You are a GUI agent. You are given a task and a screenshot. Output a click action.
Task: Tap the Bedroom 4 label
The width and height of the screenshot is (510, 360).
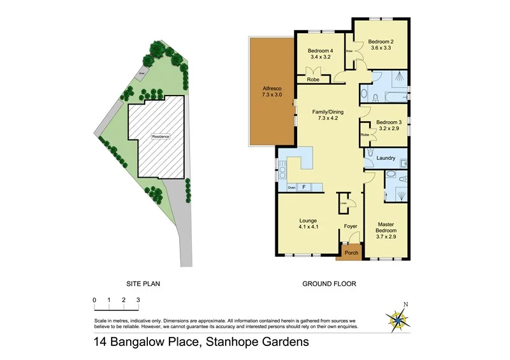pos(320,51)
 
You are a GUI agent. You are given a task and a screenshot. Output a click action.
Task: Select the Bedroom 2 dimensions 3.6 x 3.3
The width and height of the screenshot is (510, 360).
pos(380,47)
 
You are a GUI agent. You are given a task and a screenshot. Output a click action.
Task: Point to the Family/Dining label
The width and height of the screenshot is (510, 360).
pos(327,112)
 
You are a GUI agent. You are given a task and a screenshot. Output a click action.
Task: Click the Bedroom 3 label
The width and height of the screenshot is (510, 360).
pos(388,122)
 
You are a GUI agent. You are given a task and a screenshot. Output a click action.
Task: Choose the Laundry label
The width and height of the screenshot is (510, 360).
pos(386,158)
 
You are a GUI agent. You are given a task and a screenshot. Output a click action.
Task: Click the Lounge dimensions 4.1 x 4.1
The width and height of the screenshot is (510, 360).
pos(308,227)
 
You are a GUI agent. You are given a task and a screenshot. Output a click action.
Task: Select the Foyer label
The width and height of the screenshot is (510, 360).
pos(350,226)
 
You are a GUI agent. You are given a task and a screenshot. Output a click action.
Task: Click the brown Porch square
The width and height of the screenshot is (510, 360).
pos(351,252)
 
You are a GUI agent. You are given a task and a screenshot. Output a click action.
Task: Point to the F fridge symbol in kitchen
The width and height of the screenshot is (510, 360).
pos(304,187)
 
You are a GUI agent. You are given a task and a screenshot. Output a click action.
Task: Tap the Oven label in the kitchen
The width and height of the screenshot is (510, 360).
pos(291,187)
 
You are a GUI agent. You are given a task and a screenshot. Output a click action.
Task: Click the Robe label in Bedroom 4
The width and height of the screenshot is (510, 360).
pos(313,80)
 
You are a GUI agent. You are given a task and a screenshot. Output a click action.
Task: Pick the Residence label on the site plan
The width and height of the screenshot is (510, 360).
pos(160,136)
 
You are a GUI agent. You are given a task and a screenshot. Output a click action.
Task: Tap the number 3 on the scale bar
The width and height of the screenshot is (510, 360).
pos(138,299)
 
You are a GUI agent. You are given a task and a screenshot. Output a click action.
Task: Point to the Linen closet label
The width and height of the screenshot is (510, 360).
pos(343,203)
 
